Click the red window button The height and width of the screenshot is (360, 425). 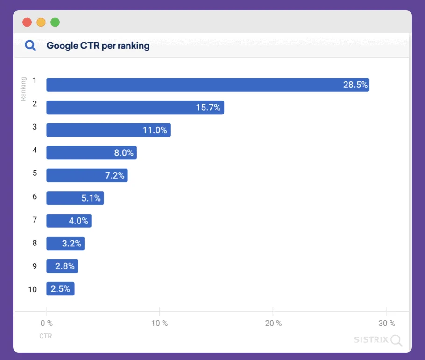click(x=27, y=22)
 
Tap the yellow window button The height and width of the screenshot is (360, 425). click(x=41, y=22)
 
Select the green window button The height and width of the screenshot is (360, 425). click(x=55, y=22)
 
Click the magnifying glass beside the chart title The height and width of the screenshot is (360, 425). click(x=30, y=46)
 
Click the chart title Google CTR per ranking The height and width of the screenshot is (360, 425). click(x=98, y=46)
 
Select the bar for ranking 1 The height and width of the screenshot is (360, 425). click(x=207, y=85)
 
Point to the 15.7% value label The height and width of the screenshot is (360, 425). click(x=208, y=108)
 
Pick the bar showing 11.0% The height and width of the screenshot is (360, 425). click(x=108, y=130)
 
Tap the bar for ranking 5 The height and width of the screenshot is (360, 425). click(x=87, y=175)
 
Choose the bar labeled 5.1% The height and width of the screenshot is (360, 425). click(x=75, y=198)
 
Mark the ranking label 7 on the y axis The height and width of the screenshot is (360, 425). click(x=35, y=219)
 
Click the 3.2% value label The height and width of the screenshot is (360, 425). click(x=71, y=244)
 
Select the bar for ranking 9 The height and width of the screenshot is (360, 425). click(x=62, y=266)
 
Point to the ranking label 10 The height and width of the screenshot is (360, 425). click(x=32, y=289)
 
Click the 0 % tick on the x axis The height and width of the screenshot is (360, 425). click(x=46, y=324)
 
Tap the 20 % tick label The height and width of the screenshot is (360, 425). click(x=273, y=324)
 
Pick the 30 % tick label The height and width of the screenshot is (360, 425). click(x=386, y=324)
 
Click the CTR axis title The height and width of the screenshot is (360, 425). click(x=46, y=336)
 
